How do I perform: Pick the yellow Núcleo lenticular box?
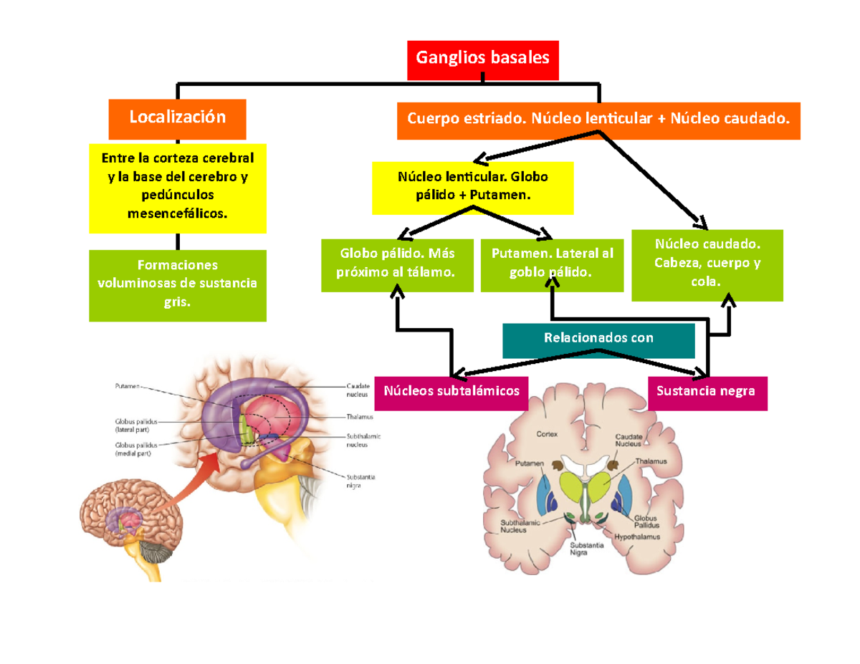tap(472, 187)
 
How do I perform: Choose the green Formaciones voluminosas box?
tap(177, 284)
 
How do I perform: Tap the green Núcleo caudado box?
tap(707, 264)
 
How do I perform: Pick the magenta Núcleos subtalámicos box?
tap(451, 391)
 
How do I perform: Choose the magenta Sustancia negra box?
tap(707, 392)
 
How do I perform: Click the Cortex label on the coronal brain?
tap(547, 433)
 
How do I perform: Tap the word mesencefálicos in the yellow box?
tap(177, 213)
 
